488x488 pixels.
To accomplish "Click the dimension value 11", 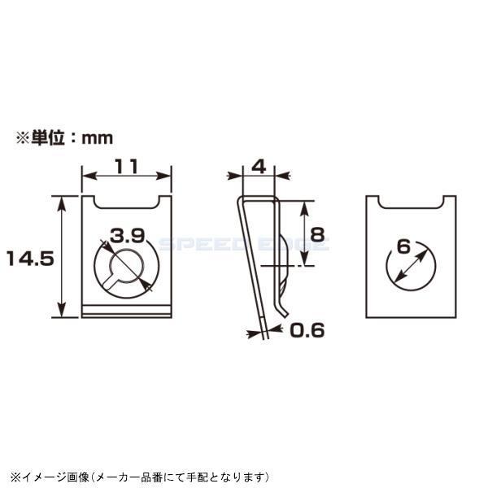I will pyautogui.click(x=125, y=166).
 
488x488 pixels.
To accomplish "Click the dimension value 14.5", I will pyautogui.click(x=29, y=259).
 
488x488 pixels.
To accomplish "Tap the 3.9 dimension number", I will pyautogui.click(x=128, y=236).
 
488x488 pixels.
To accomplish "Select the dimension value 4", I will pyautogui.click(x=259, y=166).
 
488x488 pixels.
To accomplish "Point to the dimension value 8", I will pyautogui.click(x=317, y=234).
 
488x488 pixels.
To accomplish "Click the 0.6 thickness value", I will pyautogui.click(x=307, y=330).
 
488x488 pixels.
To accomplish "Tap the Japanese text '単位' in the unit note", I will pyautogui.click(x=48, y=138).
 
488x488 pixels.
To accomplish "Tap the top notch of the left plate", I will pyautogui.click(x=126, y=200).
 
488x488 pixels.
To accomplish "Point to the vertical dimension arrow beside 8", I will pyautogui.click(x=305, y=233).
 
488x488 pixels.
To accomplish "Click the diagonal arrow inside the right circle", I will pyautogui.click(x=412, y=267).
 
